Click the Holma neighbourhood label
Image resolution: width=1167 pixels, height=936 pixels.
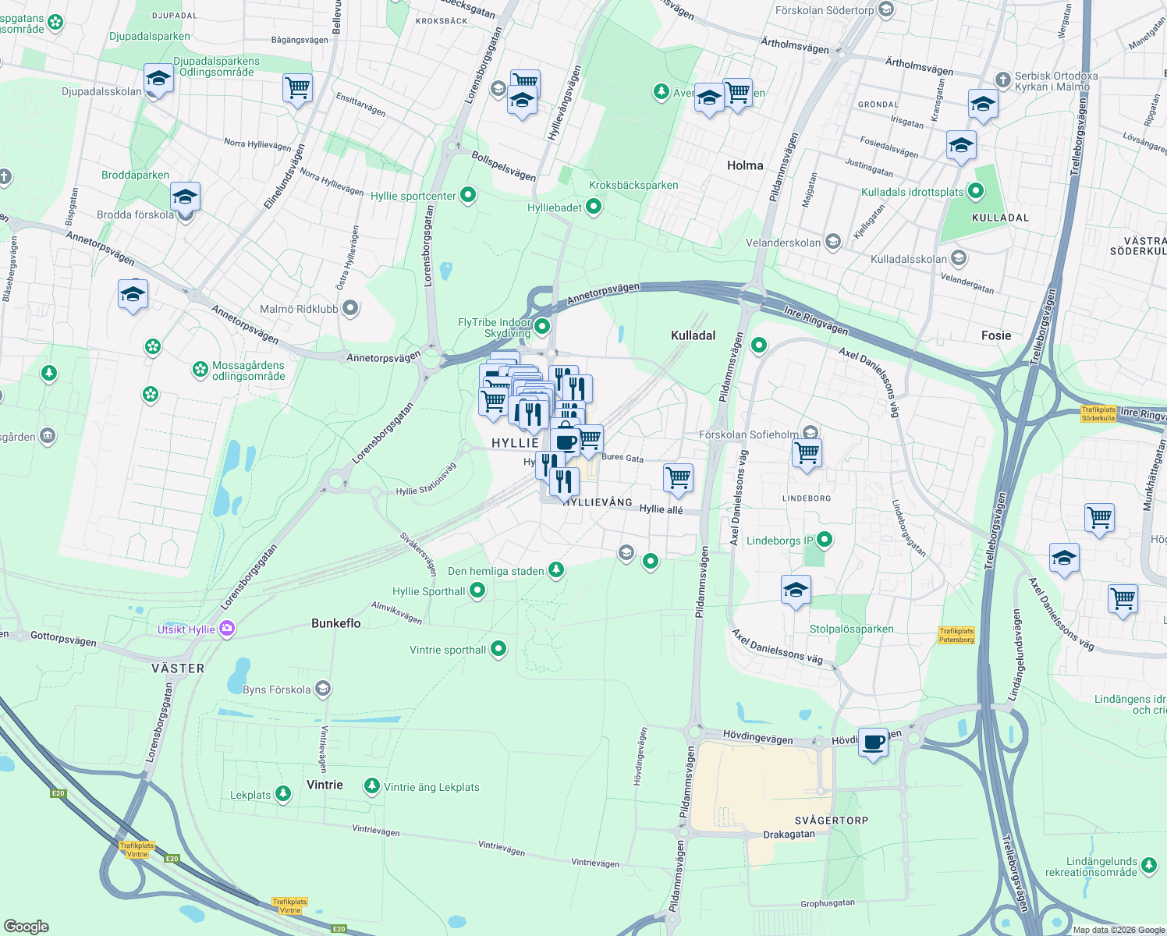click(x=744, y=165)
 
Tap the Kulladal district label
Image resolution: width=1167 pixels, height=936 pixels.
click(x=693, y=335)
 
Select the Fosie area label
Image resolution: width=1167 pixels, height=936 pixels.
click(x=995, y=335)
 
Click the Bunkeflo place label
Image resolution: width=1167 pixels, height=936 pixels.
click(x=335, y=623)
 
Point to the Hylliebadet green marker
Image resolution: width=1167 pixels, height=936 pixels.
click(x=594, y=207)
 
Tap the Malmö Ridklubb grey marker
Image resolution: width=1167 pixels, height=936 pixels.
click(x=350, y=308)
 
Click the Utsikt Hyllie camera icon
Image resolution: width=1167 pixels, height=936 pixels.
click(x=227, y=629)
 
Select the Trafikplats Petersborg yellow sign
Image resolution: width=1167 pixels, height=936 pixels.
click(x=956, y=636)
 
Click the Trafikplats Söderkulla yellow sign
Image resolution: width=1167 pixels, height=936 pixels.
click(x=1098, y=414)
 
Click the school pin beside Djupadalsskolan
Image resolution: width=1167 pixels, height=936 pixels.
click(x=158, y=79)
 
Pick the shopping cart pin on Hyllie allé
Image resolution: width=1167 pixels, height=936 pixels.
click(x=678, y=477)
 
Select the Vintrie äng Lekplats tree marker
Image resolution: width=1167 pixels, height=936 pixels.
click(x=372, y=786)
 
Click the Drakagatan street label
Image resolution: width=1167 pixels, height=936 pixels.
click(x=789, y=834)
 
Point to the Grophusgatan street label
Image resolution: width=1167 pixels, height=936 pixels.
click(x=827, y=903)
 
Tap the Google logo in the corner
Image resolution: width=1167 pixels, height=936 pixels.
click(x=27, y=926)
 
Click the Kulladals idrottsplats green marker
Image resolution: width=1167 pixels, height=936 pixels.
click(x=976, y=191)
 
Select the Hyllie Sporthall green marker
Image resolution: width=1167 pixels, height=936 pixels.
click(x=477, y=591)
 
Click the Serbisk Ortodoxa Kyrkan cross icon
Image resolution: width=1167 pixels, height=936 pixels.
click(x=1003, y=80)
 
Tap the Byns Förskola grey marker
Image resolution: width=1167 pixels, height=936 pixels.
click(x=323, y=689)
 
